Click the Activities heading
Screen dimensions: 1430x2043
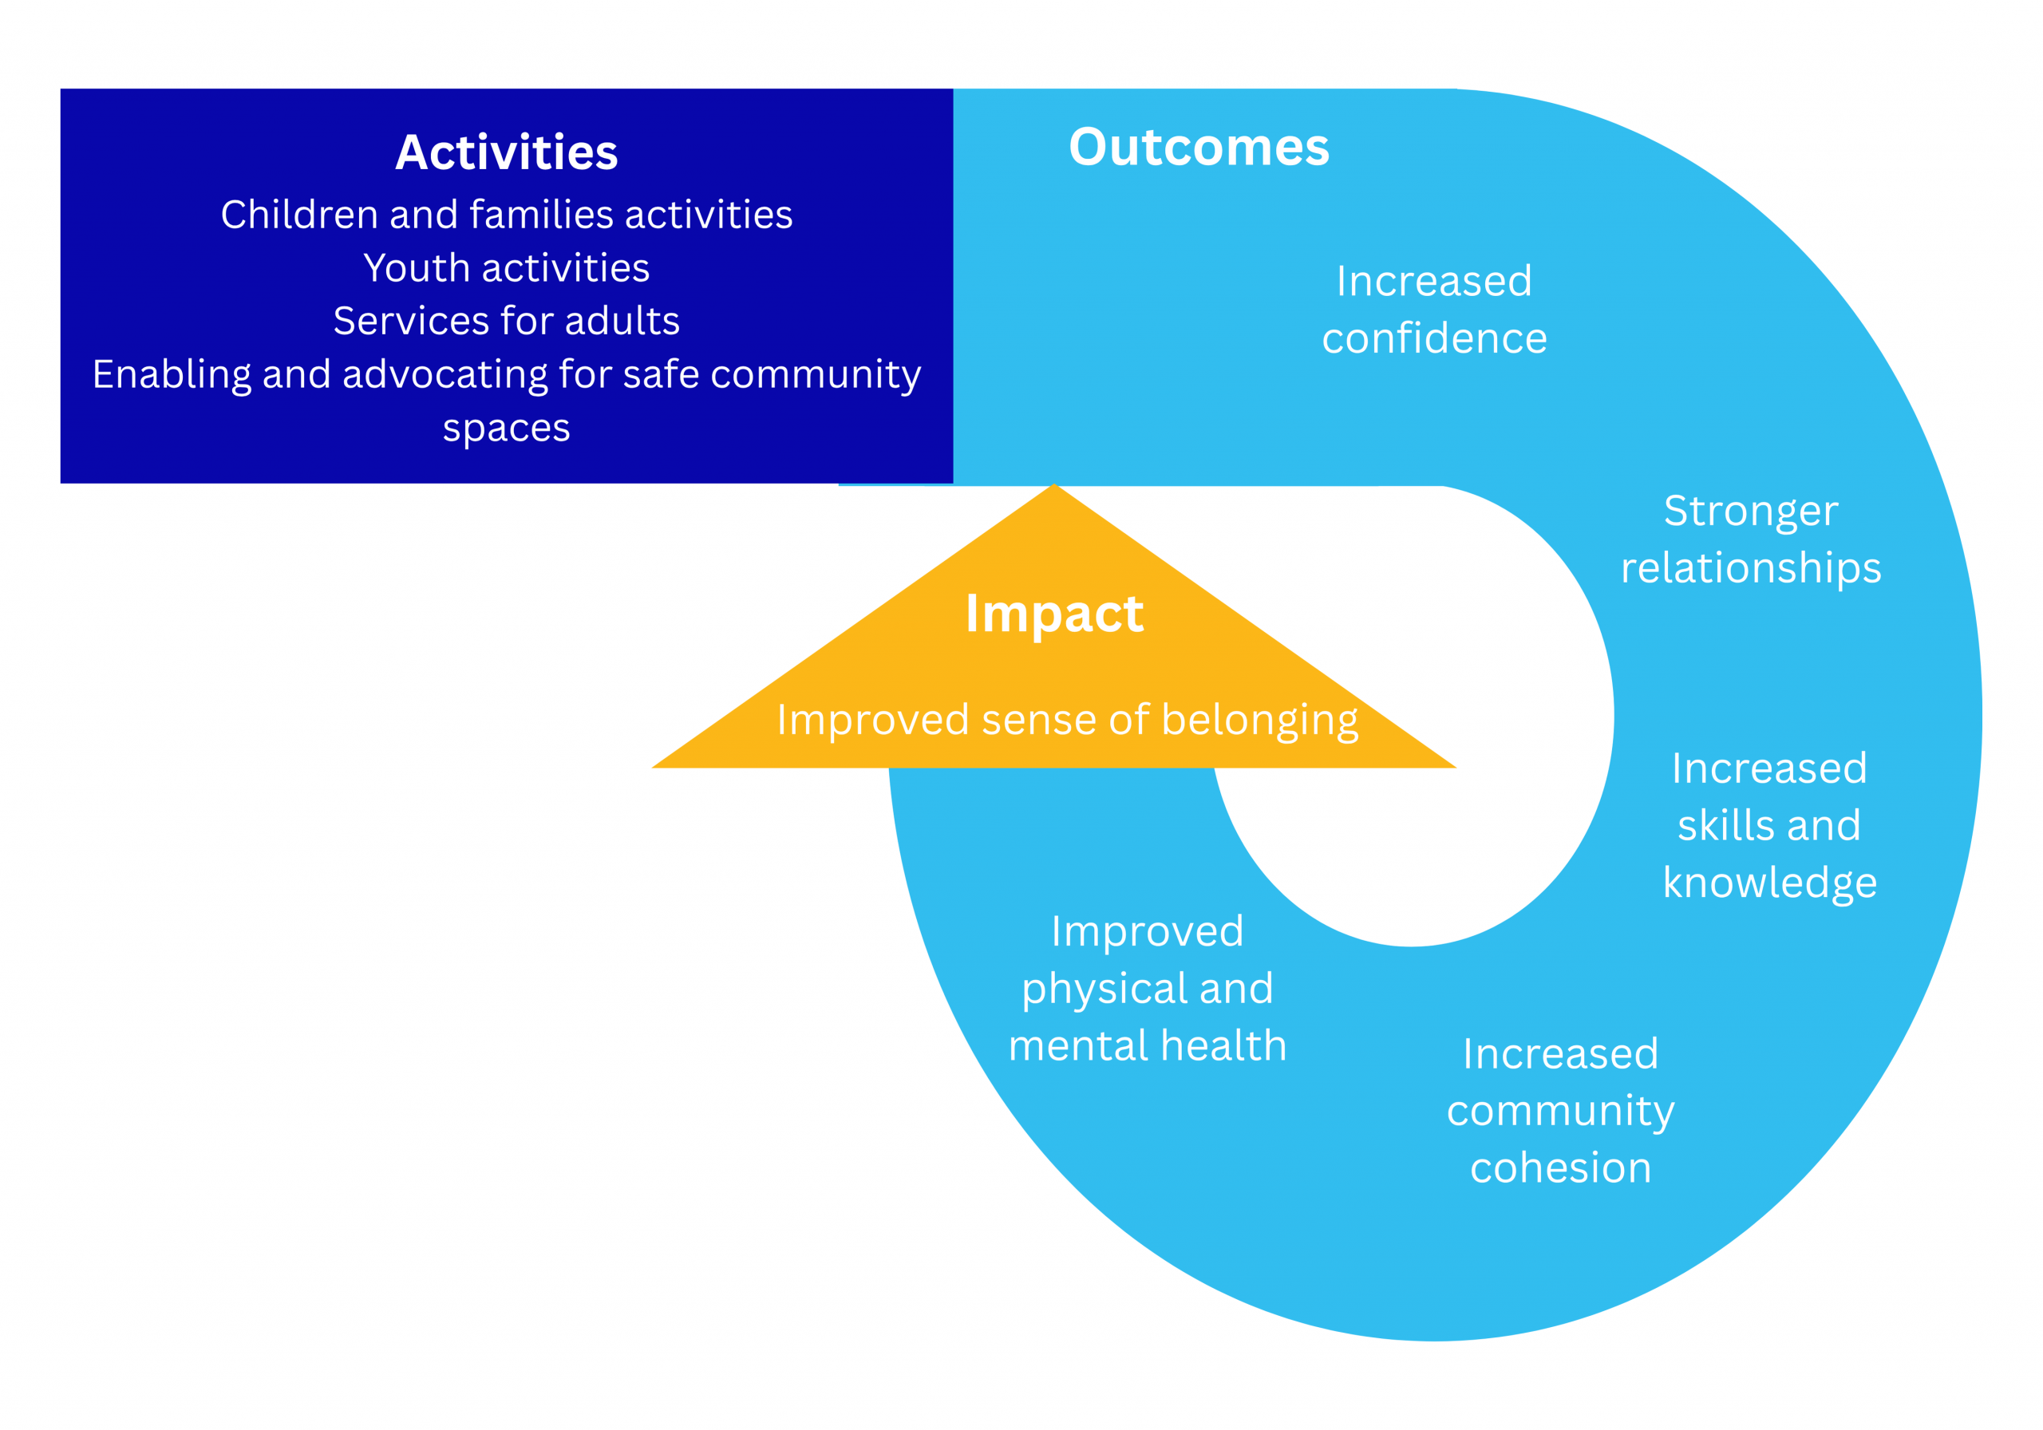506,152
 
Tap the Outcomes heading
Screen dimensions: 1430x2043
1199,147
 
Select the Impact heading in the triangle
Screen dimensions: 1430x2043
1053,613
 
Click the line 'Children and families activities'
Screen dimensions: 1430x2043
506,215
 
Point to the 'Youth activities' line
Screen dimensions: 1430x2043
506,268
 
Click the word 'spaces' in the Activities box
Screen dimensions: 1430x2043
506,429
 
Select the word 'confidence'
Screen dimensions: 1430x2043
1434,338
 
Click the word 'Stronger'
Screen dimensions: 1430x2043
1750,511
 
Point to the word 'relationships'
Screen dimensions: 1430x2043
1750,567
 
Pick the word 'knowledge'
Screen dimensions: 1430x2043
1770,883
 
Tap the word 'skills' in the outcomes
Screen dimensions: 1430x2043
1717,825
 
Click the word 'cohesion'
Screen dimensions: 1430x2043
1561,1167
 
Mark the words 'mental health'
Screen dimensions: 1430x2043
1147,1045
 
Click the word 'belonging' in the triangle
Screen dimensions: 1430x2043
1259,720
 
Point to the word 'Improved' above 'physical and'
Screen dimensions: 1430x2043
1147,932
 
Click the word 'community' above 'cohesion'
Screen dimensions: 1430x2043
1561,1112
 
